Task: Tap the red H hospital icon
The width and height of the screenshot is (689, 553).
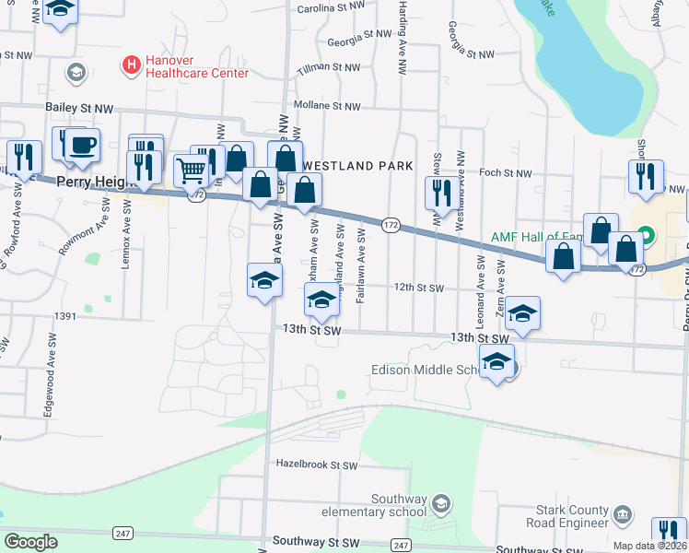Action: coord(132,65)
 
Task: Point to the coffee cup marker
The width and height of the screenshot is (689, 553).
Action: coord(82,145)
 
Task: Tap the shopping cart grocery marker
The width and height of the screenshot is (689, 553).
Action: coord(191,171)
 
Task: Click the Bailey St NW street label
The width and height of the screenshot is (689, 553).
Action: coord(79,109)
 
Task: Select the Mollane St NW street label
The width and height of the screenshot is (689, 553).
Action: coord(327,106)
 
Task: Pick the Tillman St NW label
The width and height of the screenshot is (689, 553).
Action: coord(329,67)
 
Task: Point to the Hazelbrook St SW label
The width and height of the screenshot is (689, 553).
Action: coord(316,465)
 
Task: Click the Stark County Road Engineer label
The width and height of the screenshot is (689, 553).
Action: coord(568,517)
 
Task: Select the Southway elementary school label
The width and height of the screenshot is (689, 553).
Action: coord(374,506)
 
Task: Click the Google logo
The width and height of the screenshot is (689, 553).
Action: coord(31,541)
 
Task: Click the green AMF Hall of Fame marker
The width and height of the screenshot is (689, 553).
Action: coord(646,235)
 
